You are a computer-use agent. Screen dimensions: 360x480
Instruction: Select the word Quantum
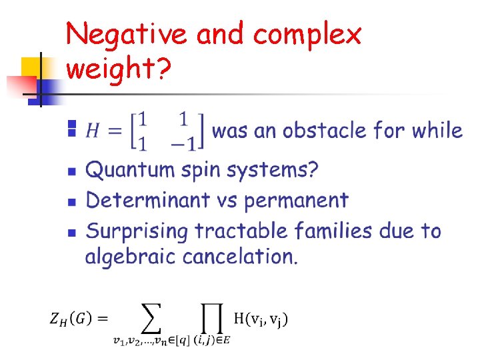pyautogui.click(x=129, y=171)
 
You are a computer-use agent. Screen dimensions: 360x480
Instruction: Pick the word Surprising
pyautogui.click(x=137, y=232)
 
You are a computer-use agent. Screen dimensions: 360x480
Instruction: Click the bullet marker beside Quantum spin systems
pyautogui.click(x=73, y=171)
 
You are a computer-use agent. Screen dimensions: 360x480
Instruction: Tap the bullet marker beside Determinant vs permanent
pyautogui.click(x=73, y=201)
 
